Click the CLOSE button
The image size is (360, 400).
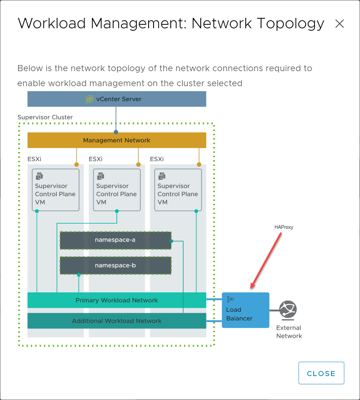coord(321,373)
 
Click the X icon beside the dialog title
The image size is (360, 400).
coord(339,24)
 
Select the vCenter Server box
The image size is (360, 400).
coord(117,99)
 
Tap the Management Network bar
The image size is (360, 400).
coord(117,140)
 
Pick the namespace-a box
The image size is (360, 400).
coord(115,240)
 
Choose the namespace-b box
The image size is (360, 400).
coord(115,266)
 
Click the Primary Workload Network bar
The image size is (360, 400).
coord(117,300)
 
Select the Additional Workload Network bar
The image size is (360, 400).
coord(117,321)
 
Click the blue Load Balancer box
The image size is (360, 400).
coord(245,310)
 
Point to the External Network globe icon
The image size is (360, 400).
coord(288,310)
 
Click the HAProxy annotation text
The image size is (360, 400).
coord(284,227)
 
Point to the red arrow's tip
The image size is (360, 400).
coord(251,288)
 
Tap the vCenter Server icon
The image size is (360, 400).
coord(89,99)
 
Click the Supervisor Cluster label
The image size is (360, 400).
coord(45,117)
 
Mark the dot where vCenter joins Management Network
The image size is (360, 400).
coord(116,132)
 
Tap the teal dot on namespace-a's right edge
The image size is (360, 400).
coord(171,241)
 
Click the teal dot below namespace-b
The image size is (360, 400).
coord(79,275)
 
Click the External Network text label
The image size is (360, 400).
coord(289,332)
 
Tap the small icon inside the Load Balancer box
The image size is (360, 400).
coord(230,299)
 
